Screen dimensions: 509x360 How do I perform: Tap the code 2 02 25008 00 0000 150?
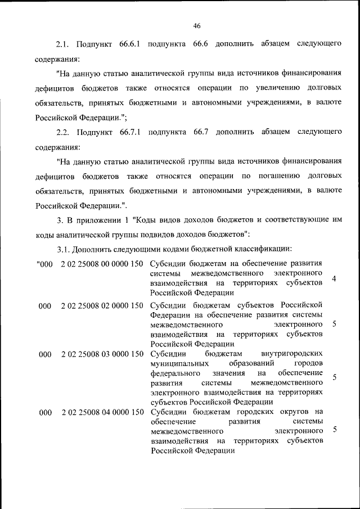click(x=101, y=264)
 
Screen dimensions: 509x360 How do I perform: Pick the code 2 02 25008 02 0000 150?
click(x=101, y=305)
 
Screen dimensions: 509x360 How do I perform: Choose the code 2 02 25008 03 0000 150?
click(x=101, y=354)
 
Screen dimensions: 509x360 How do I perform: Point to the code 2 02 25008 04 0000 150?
click(x=101, y=412)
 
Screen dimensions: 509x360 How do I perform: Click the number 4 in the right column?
click(x=334, y=279)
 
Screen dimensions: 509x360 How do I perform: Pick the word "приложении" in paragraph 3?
click(x=96, y=220)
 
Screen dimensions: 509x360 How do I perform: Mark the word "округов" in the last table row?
click(x=296, y=412)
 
